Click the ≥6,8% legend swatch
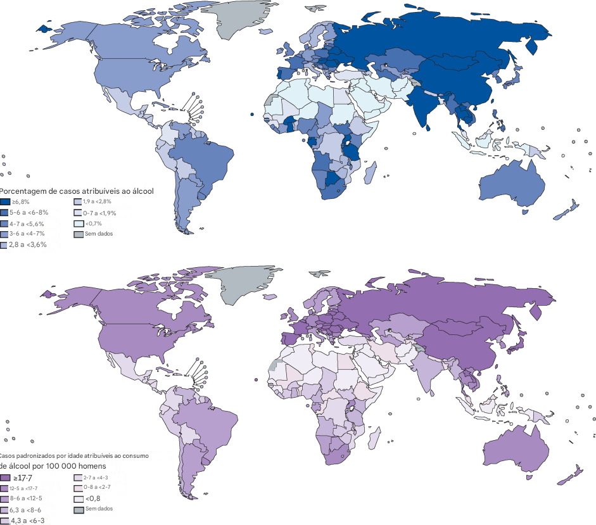click(x=4, y=201)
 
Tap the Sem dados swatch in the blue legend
click(x=79, y=234)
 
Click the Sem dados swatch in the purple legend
click(x=79, y=509)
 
